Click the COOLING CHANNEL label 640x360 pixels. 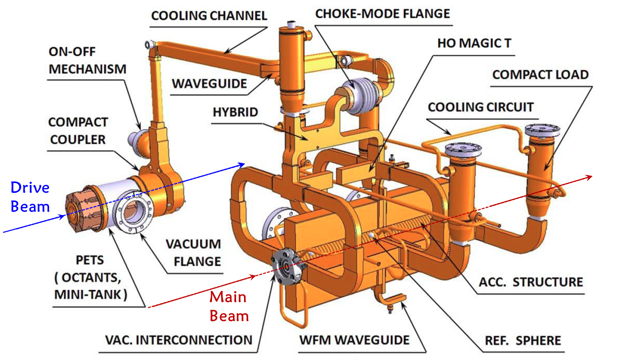(209, 15)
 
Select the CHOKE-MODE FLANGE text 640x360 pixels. (382, 13)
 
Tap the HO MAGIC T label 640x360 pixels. (474, 43)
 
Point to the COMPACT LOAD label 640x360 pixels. (540, 75)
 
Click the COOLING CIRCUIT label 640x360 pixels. (480, 107)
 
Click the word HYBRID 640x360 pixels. (235, 112)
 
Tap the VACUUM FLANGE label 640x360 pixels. (193, 252)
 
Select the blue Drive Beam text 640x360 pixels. (30, 197)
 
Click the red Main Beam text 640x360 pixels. (228, 306)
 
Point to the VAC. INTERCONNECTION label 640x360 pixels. (179, 340)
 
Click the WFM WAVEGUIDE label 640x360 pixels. (354, 340)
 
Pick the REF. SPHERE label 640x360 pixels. (523, 341)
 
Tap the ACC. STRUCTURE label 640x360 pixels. (531, 282)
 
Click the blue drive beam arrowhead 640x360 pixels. (242, 164)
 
